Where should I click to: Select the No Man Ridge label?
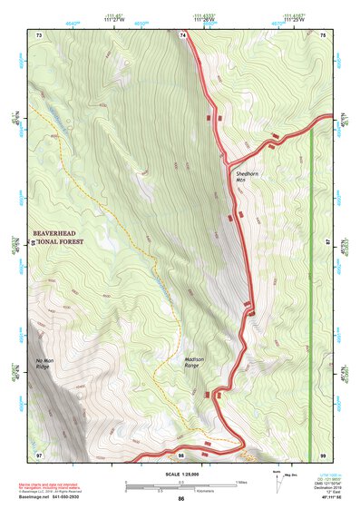click(47, 366)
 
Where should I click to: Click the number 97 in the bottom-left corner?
click(40, 453)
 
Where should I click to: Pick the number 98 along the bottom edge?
click(181, 453)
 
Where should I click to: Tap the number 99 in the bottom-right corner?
click(323, 453)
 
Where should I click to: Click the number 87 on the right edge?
click(328, 243)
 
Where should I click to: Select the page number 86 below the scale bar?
click(181, 498)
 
